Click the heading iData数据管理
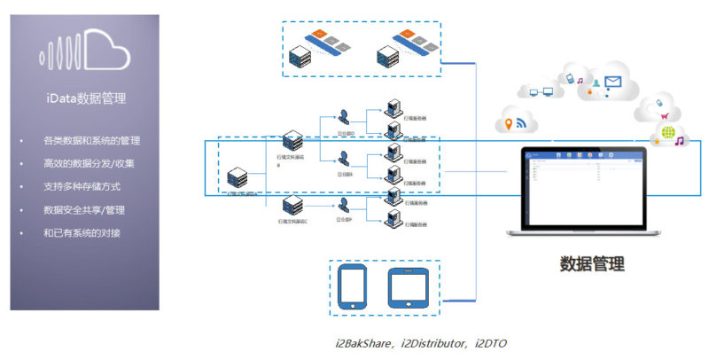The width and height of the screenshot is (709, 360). tap(84, 98)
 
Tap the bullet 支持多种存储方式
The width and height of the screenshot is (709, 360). tap(82, 187)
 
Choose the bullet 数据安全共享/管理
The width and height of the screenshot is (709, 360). tap(89, 210)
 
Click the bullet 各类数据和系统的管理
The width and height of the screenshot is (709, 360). tap(91, 141)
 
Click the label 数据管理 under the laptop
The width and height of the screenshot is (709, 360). tap(592, 263)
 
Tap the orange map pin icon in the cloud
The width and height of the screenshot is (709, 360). tap(510, 125)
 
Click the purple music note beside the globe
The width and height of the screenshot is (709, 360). tap(679, 140)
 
